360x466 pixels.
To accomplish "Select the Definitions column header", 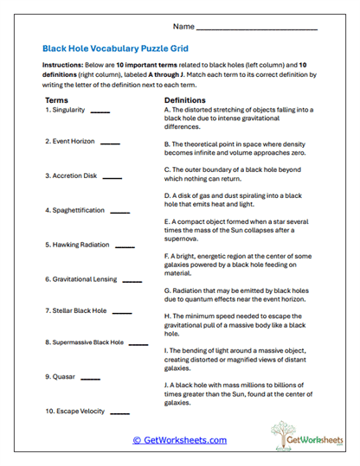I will (x=184, y=101).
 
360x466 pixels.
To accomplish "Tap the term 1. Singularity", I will (x=66, y=112).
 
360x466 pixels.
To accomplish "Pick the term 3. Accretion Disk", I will (x=71, y=176).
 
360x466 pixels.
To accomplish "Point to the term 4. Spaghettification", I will (x=74, y=210).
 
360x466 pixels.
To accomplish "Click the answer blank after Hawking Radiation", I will (x=125, y=246).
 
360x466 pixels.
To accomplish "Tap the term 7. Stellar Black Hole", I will (x=76, y=310).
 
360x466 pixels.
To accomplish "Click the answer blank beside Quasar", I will (x=91, y=378).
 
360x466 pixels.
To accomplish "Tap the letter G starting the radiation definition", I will (x=166, y=291).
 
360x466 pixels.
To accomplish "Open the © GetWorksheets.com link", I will (x=179, y=440).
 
